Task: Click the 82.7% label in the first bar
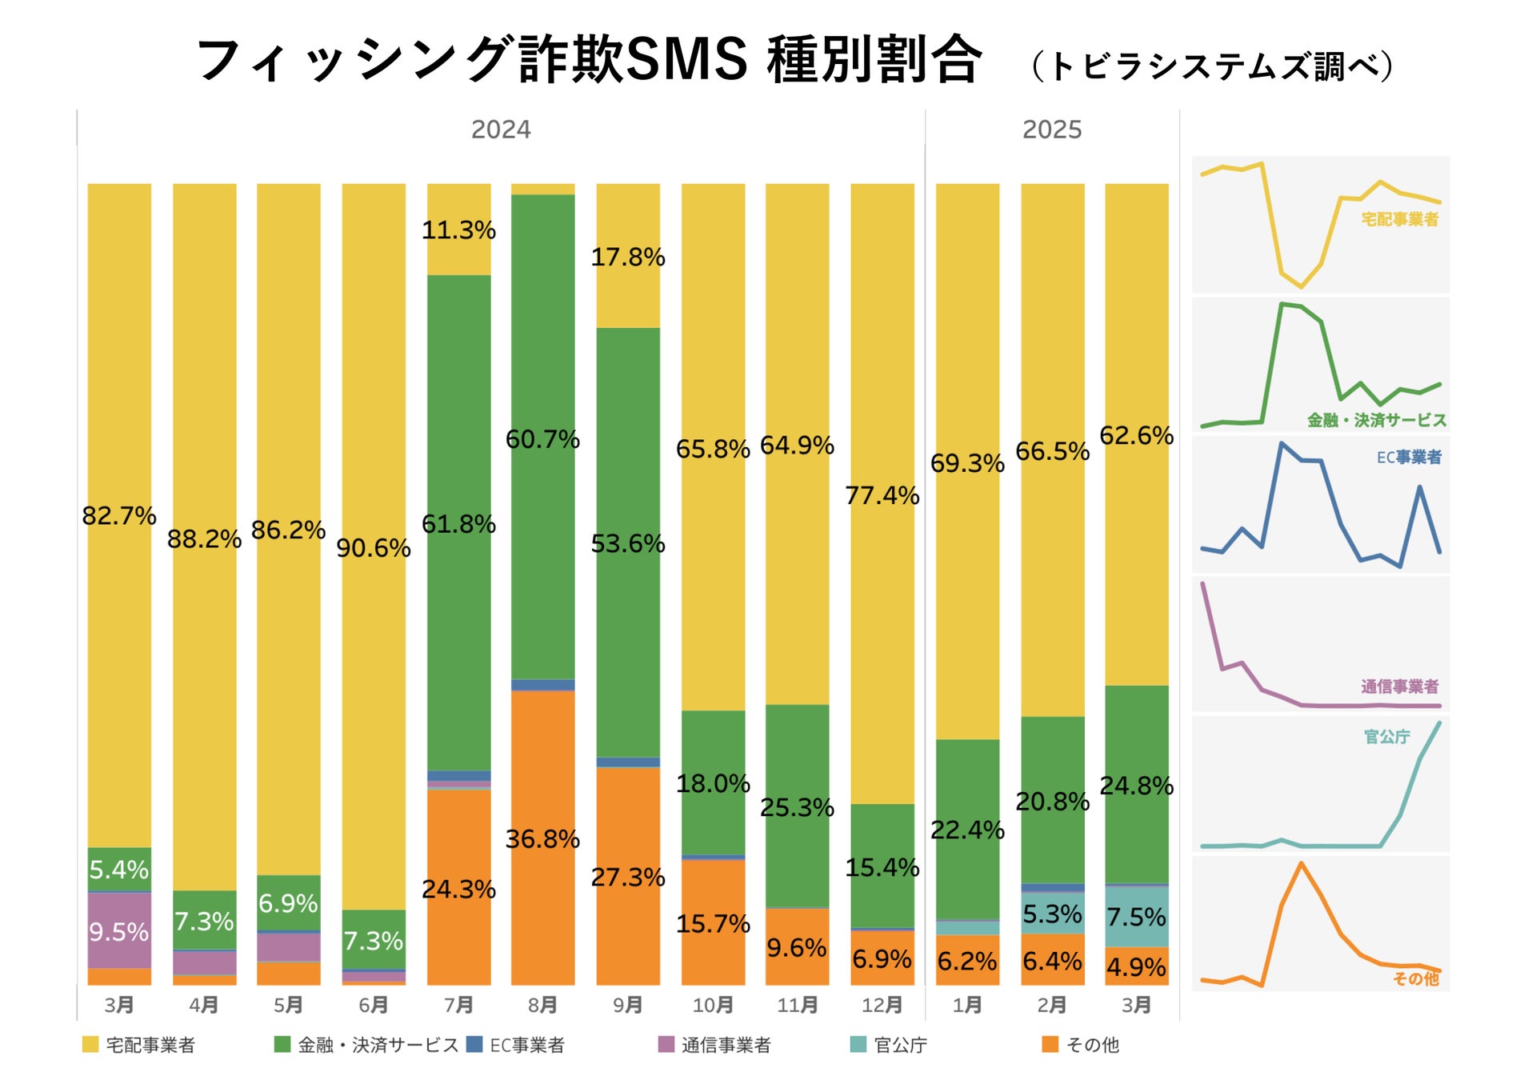click(x=118, y=516)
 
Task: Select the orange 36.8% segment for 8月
click(x=542, y=838)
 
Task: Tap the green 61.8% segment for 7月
click(x=458, y=524)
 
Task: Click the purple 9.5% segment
click(x=118, y=931)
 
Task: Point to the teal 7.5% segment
click(x=1136, y=917)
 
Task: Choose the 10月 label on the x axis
click(x=712, y=1005)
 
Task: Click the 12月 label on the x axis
click(x=882, y=1005)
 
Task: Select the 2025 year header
click(x=1051, y=130)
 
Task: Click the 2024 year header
click(x=500, y=130)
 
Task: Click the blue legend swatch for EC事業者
click(x=474, y=1044)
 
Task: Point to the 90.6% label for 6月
click(x=373, y=548)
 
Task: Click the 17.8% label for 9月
click(x=627, y=257)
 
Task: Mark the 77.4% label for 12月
click(x=882, y=495)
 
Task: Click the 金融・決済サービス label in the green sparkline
click(x=1376, y=420)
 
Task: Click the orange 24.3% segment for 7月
click(x=458, y=888)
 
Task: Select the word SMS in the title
click(x=686, y=59)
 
